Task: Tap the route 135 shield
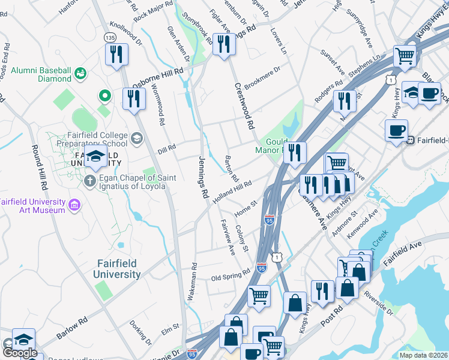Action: (110, 37)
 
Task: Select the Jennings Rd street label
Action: (203, 178)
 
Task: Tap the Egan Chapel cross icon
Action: (90, 181)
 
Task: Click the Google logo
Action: (20, 353)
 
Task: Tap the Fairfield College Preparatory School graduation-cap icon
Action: (137, 140)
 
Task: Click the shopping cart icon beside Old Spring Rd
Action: (259, 295)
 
